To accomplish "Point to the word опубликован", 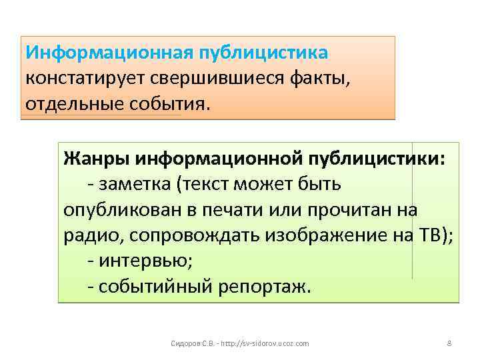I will (x=118, y=209).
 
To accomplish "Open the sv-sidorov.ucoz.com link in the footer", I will (x=261, y=343).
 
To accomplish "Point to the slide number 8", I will (x=449, y=343).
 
